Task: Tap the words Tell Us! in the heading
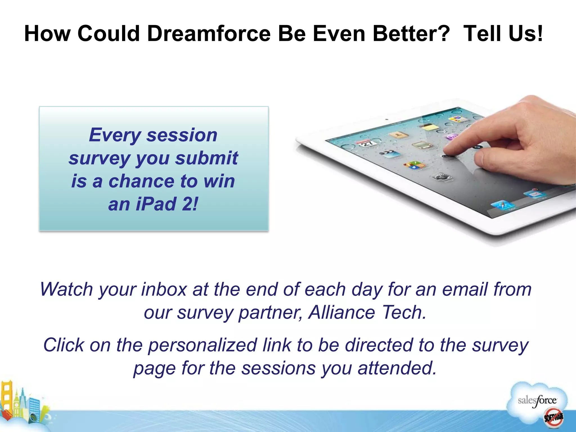click(503, 34)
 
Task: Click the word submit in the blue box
click(207, 158)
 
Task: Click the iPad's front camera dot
click(387, 120)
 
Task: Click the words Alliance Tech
click(367, 312)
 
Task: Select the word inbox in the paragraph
click(164, 289)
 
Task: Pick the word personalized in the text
click(202, 345)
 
